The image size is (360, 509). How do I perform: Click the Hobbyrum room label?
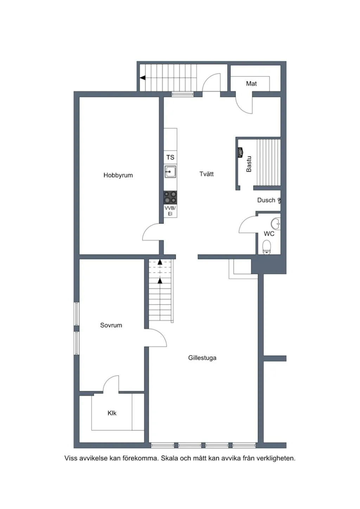118,175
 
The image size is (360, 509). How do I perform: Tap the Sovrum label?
111,325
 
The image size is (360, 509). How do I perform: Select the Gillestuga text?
202,358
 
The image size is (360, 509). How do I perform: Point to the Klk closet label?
112,413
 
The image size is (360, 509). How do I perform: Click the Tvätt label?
207,174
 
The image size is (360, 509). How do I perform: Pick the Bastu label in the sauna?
249,164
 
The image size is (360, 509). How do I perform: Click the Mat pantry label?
251,84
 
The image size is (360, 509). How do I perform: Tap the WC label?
269,234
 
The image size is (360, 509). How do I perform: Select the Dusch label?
266,200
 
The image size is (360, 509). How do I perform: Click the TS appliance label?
170,157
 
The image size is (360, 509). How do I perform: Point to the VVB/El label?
170,211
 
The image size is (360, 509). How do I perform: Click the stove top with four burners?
170,197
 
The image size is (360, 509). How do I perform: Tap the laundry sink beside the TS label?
170,172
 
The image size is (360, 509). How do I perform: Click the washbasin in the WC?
276,224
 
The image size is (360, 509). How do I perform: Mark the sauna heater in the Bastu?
240,152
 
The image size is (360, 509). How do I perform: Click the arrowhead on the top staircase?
142,78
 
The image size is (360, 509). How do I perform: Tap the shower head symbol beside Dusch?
279,200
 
